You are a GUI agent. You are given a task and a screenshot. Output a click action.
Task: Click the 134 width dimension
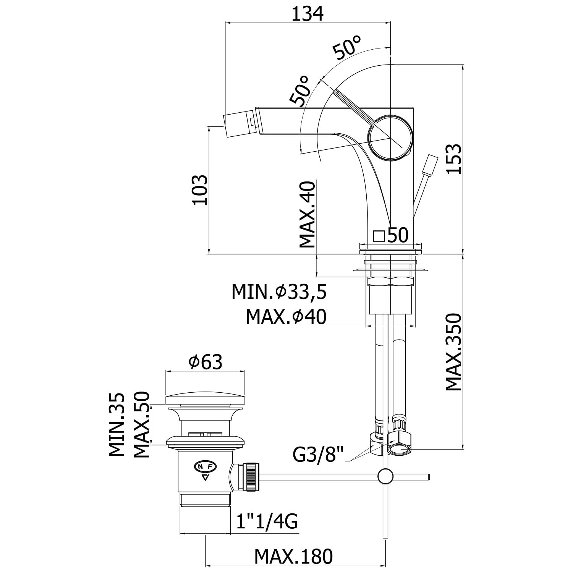[x=308, y=14]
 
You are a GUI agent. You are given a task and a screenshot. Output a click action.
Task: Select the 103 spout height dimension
[x=200, y=190]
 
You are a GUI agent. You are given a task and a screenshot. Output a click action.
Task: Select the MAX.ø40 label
[x=286, y=317]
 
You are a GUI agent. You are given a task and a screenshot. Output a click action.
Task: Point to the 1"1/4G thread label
[x=266, y=521]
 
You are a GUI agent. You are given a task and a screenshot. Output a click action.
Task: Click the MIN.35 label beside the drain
[x=117, y=425]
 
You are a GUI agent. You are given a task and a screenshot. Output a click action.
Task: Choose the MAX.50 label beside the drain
[x=141, y=425]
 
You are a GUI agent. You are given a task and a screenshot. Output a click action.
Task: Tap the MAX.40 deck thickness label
[x=308, y=215]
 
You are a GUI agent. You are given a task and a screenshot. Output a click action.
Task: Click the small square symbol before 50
[x=379, y=236]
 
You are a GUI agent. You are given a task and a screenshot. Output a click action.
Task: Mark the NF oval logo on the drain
[x=206, y=467]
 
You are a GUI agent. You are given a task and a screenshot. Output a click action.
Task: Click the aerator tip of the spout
[x=240, y=125]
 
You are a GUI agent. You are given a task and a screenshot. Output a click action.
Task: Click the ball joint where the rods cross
[x=385, y=476]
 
